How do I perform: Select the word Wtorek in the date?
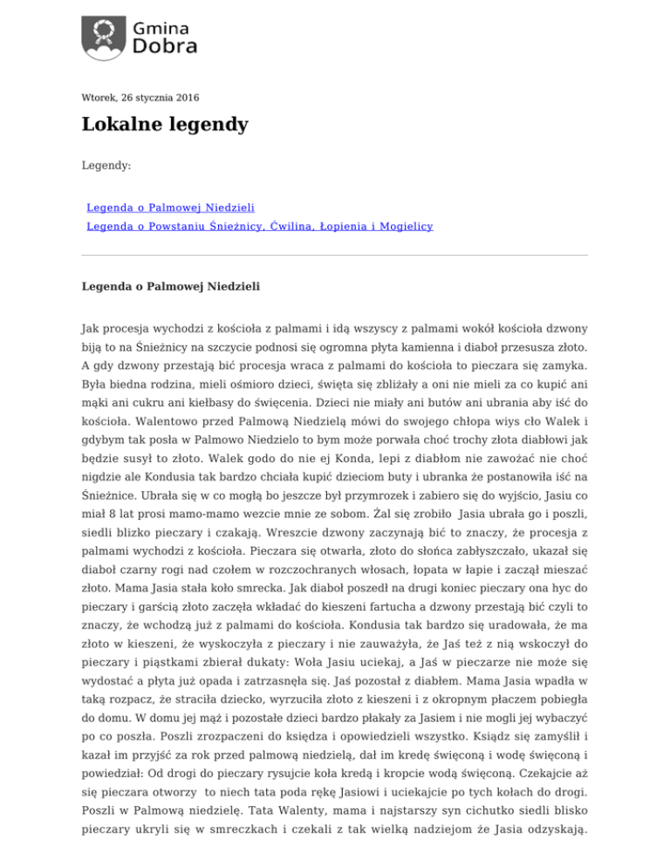click(x=99, y=98)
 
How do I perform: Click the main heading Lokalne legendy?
click(x=165, y=125)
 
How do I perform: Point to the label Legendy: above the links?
click(x=106, y=164)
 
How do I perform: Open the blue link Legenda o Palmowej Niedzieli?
click(x=170, y=208)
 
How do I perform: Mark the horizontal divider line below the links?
click(x=334, y=256)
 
